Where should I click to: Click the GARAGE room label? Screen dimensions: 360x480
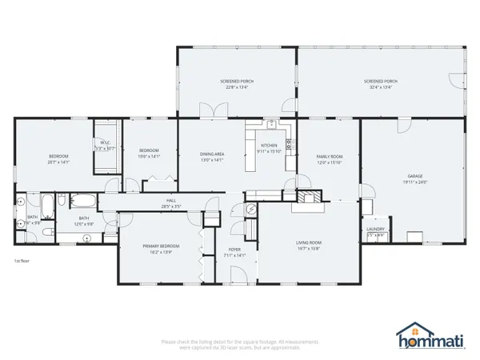click(414, 176)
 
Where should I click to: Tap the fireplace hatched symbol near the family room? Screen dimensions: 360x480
click(309, 197)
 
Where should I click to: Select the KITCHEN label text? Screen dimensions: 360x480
click(268, 145)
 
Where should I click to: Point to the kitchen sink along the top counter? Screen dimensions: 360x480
click(272, 124)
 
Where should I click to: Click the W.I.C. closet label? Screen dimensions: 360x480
click(105, 144)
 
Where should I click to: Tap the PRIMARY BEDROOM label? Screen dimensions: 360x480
click(161, 246)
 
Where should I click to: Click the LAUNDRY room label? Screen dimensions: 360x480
click(375, 229)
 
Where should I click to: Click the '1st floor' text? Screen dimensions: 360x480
click(21, 262)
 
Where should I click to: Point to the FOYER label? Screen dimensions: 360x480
click(234, 250)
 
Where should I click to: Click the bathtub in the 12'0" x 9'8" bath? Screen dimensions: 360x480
click(83, 200)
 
